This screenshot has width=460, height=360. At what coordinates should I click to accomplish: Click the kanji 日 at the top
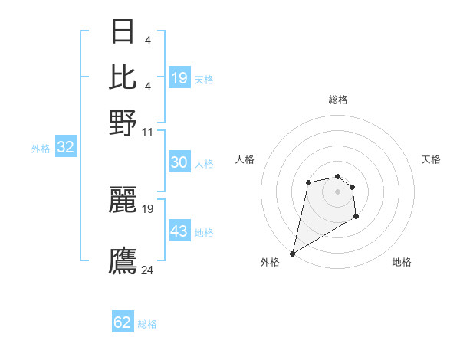(x=123, y=33)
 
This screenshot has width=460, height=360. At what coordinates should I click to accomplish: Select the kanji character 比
(x=123, y=77)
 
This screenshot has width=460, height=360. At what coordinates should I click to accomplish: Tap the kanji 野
(x=123, y=123)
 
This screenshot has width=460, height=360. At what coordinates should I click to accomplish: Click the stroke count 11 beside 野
(x=148, y=132)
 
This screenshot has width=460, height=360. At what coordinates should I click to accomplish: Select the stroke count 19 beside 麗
(x=148, y=208)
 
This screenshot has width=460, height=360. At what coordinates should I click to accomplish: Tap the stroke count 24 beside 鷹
(x=148, y=270)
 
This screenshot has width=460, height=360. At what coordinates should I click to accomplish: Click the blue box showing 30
(x=179, y=162)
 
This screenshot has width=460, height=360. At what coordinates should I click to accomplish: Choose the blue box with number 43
(x=179, y=231)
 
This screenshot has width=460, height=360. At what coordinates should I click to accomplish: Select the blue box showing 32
(x=65, y=148)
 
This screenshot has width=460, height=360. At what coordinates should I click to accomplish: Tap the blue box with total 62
(x=123, y=322)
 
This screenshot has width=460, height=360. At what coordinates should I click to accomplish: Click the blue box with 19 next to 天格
(x=179, y=78)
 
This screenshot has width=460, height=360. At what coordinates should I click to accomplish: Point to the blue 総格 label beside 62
(x=147, y=324)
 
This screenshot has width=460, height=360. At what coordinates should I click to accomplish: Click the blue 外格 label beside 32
(x=41, y=149)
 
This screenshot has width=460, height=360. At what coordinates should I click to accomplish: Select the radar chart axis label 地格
(x=402, y=262)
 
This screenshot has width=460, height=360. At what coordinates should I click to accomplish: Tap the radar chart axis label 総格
(x=338, y=100)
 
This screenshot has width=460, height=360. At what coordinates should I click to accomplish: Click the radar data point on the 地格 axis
(x=356, y=218)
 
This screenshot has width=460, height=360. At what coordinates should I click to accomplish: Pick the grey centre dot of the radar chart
(x=338, y=191)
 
